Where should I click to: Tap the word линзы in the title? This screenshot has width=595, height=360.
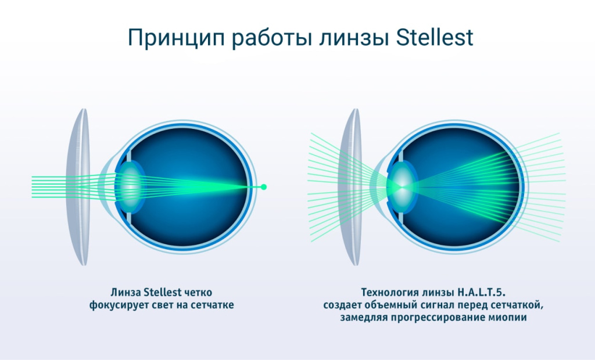point(346,38)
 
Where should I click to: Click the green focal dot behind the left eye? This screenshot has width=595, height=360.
point(263,187)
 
